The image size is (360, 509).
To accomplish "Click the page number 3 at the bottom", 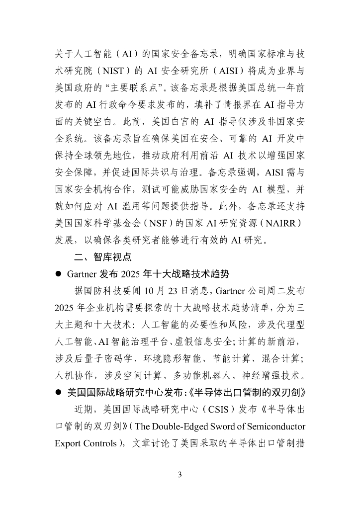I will tap(180, 475).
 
